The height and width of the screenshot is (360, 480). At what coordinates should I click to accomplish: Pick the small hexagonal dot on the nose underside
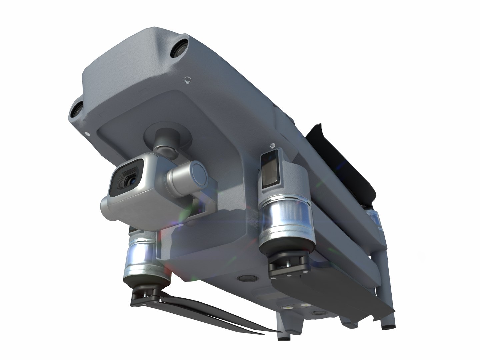point(187,79)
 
